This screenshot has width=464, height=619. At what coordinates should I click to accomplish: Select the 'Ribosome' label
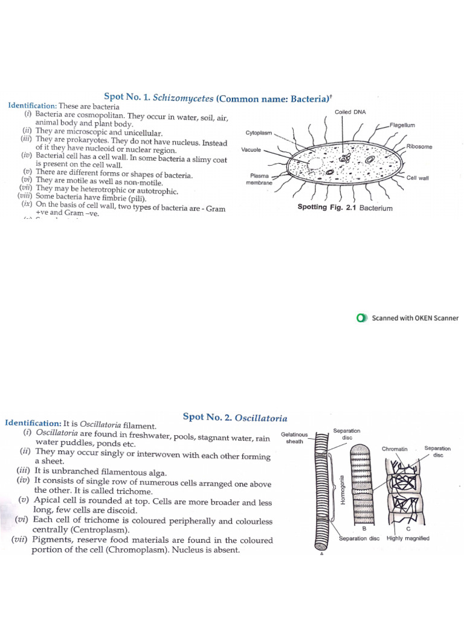point(419,146)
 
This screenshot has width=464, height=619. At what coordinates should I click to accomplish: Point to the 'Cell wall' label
point(417,178)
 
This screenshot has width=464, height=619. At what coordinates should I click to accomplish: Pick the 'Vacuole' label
point(251,149)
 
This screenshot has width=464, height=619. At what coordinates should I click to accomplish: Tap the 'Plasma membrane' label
point(259,179)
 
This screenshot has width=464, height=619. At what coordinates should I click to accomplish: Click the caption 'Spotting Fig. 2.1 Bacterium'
point(344,208)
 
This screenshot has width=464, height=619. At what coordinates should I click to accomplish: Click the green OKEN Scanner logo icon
point(362,318)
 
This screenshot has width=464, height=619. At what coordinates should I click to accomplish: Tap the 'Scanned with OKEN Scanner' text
point(415,318)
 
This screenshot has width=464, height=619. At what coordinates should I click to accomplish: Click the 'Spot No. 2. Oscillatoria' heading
point(234,418)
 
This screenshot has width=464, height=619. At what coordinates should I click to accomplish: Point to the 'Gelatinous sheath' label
point(294,438)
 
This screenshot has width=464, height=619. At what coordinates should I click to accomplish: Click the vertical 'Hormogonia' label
point(343,490)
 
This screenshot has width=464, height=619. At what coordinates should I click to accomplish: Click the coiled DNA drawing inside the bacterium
point(346,158)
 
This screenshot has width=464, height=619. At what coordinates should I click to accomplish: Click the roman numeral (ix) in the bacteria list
point(27,204)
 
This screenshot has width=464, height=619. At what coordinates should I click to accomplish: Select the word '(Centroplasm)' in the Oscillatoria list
point(81,530)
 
